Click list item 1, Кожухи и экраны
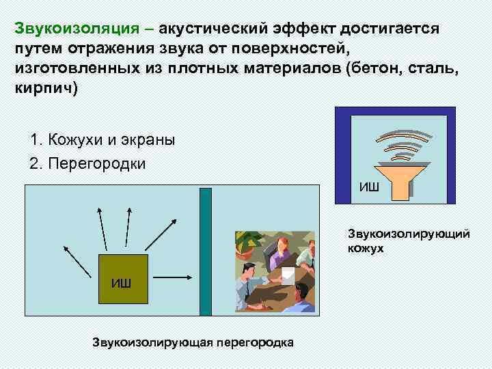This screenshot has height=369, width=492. coord(102,140)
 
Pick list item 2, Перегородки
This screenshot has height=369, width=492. coord(88,165)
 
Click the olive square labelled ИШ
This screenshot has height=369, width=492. coord(124,279)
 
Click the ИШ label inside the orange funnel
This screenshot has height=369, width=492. coord(370,186)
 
